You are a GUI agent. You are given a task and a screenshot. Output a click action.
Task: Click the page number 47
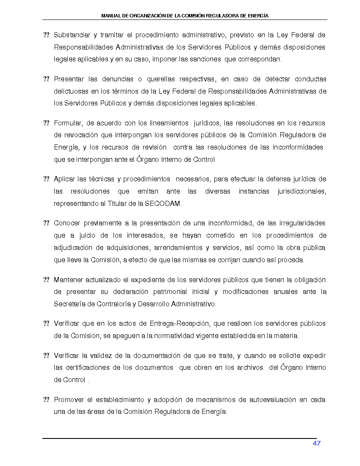pos(317,443)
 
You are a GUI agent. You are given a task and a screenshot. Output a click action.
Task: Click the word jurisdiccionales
pos(302,191)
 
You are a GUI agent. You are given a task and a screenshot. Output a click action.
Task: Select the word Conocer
pos(67,223)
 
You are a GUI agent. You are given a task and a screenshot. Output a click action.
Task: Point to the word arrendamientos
pos(179,247)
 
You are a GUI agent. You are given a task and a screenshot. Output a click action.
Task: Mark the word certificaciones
pos(86,368)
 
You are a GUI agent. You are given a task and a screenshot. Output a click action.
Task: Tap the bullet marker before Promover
pos(47,400)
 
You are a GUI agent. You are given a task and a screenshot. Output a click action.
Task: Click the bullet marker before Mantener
pos(47,280)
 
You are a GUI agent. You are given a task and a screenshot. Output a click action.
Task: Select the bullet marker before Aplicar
pos(47,180)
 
